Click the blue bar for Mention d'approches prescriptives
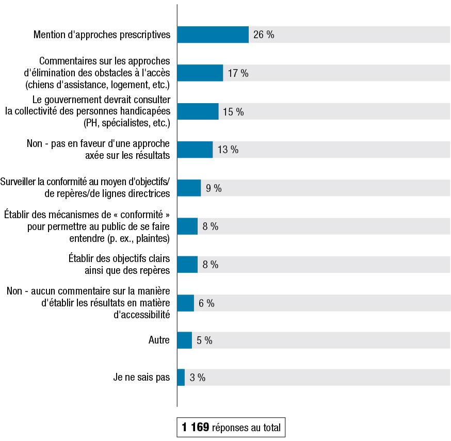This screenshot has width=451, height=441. click(213, 35)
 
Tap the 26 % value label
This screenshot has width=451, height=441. click(264, 35)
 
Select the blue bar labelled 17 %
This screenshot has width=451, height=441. click(200, 73)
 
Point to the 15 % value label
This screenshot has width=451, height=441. click(233, 111)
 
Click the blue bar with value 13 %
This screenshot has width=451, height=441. click(195, 150)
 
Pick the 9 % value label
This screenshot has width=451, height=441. click(214, 188)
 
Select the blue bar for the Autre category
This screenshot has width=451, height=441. click(184, 340)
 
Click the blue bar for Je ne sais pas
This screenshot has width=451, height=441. click(181, 378)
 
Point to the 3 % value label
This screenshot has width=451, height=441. click(198, 378)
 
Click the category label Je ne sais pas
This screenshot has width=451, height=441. click(141, 378)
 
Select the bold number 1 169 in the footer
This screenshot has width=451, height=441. click(195, 427)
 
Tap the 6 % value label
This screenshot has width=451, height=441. click(207, 303)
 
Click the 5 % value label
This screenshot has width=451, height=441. click(204, 340)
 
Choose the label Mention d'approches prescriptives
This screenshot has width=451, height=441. click(102, 35)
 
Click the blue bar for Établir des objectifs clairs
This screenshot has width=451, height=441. click(187, 265)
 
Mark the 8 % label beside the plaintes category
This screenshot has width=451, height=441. click(211, 226)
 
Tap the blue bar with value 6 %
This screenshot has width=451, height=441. click(185, 303)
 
